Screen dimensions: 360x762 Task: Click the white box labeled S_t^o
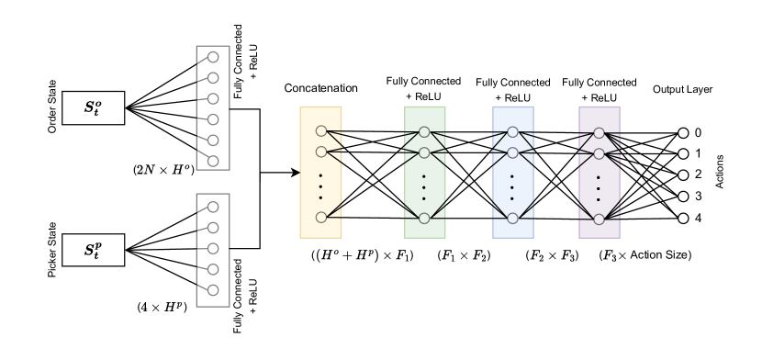pos(93,107)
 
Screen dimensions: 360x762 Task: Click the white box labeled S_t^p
pos(93,250)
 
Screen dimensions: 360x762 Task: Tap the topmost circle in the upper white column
pos(213,57)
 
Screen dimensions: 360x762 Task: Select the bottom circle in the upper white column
pos(213,161)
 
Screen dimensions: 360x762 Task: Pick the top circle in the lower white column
pos(213,207)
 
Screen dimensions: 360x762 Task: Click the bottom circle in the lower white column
pos(213,290)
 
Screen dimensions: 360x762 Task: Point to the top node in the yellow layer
pos(321,130)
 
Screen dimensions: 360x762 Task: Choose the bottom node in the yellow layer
pos(321,218)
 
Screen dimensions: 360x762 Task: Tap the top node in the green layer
pos(424,131)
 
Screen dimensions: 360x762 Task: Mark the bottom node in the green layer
pos(424,219)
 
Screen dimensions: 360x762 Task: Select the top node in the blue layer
pos(512,131)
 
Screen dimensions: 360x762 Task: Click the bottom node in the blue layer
pos(512,219)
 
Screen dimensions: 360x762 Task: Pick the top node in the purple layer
pos(599,132)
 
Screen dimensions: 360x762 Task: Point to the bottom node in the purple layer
pos(599,219)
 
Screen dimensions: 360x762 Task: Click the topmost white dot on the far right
pos(683,132)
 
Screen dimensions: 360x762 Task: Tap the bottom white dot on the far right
pos(683,219)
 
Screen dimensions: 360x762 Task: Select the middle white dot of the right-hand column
pos(683,175)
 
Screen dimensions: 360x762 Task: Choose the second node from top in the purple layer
pos(599,153)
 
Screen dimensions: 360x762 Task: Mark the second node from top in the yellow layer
pos(321,152)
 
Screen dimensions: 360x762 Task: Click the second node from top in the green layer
pos(424,152)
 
